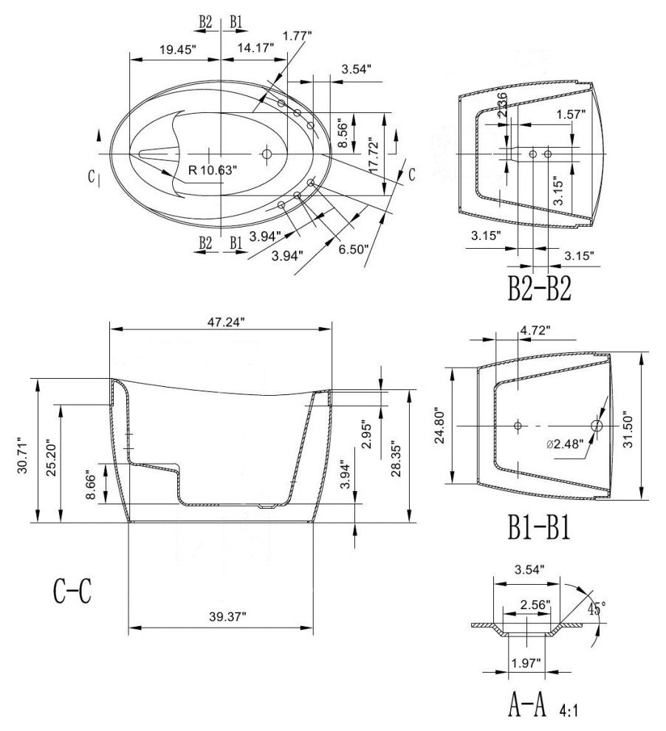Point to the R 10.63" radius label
[x=213, y=170]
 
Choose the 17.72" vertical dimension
[x=378, y=154]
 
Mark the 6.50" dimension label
[x=352, y=249]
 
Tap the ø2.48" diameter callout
[x=564, y=443]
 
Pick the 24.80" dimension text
[x=441, y=425]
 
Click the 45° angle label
[x=597, y=608]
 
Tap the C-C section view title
[x=72, y=591]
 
